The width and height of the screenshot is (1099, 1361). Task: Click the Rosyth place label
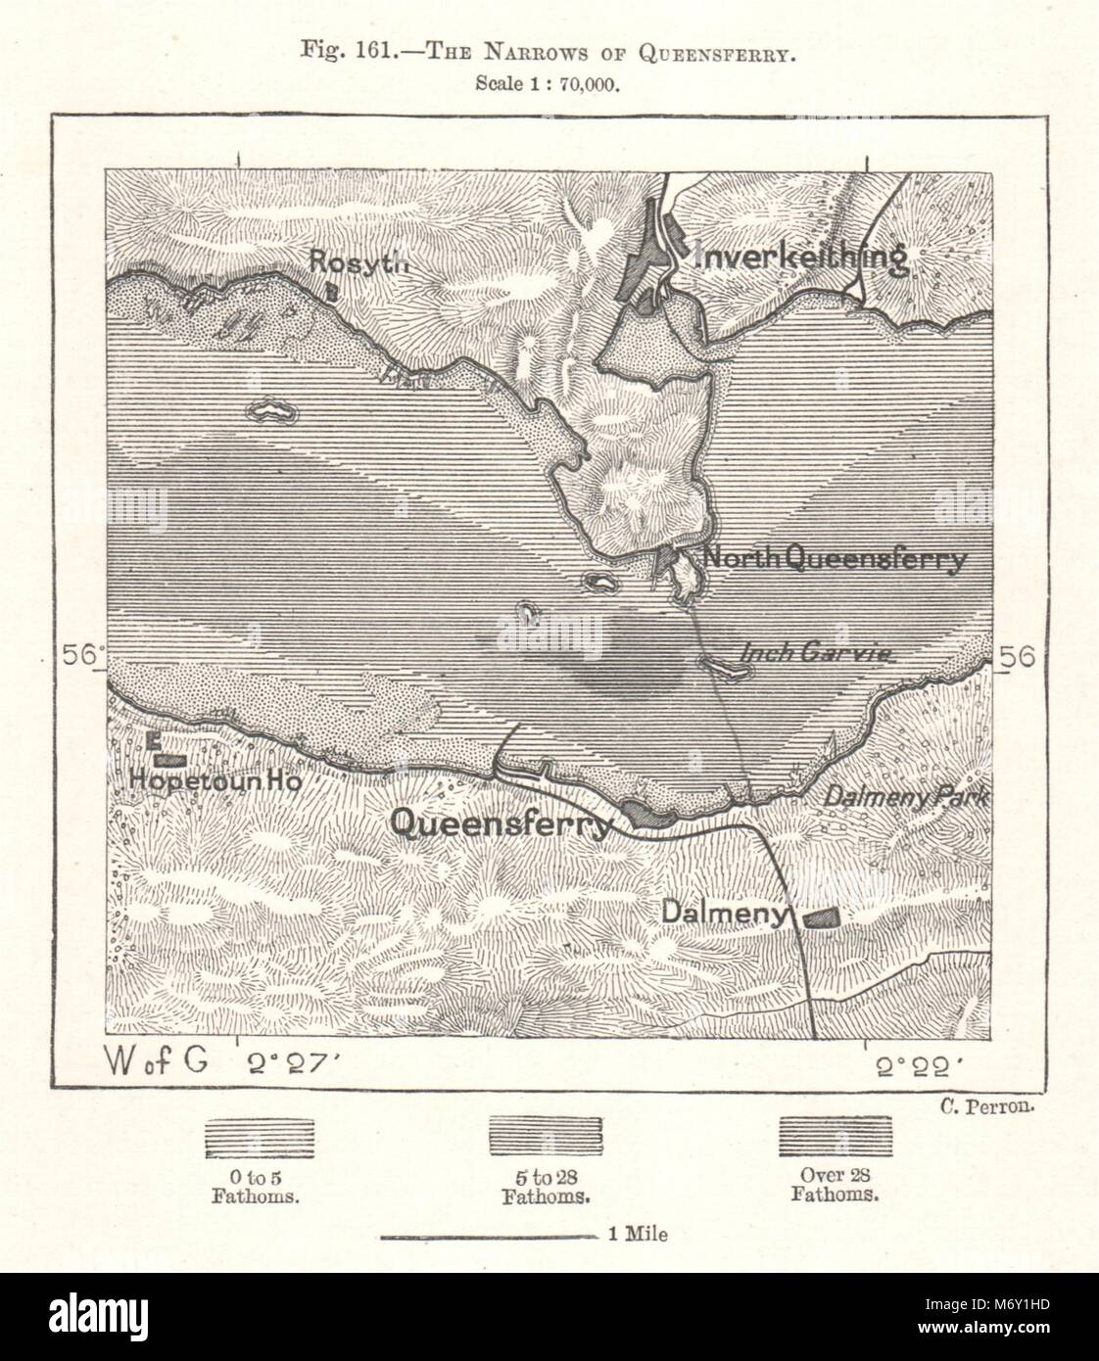pos(356,259)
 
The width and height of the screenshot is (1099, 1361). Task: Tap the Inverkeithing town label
pos(798,257)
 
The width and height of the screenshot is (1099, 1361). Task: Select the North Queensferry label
pos(836,559)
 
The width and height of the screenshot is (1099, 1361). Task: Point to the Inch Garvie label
pos(818,651)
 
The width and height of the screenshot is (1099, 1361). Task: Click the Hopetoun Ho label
pos(215,782)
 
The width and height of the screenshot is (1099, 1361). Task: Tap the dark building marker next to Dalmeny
pos(821,916)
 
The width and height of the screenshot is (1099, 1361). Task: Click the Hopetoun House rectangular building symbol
pos(170,760)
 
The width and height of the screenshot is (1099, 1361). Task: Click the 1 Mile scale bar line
pos(487,1237)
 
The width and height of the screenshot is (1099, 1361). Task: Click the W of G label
pos(154,1063)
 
